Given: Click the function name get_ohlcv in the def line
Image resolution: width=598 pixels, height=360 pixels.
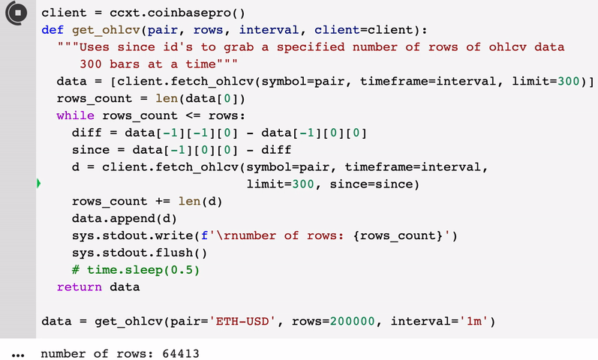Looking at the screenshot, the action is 105,30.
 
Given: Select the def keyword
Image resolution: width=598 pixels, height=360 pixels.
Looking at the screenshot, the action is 53,30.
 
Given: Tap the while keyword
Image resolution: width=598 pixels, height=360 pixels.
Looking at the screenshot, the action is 75,115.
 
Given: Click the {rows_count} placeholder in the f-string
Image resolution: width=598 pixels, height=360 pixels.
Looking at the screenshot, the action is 398,235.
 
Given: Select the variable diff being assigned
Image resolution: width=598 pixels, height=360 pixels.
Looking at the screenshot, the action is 86,133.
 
